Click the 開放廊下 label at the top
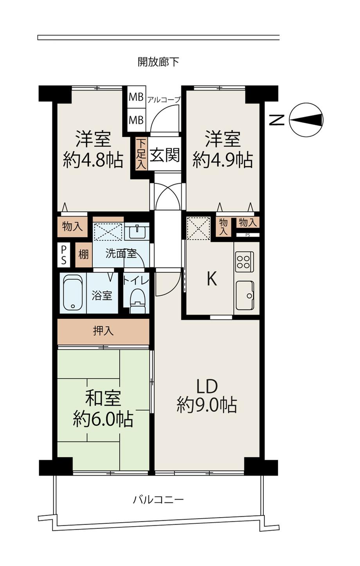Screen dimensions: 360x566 click(x=158, y=62)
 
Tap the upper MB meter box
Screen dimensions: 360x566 click(x=136, y=97)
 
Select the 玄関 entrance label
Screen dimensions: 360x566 click(x=165, y=155)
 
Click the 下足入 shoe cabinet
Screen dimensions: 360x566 click(x=141, y=154)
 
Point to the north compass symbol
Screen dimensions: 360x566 click(x=306, y=120)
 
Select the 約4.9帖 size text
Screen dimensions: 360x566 click(x=223, y=160)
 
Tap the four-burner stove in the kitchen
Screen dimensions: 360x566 click(x=245, y=262)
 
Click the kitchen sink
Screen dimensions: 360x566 click(x=245, y=296)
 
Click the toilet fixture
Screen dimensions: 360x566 click(x=138, y=300)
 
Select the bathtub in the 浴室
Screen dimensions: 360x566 click(x=73, y=293)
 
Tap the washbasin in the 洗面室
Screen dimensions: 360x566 click(x=137, y=231)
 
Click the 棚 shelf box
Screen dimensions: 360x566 click(x=84, y=255)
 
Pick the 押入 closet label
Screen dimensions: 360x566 click(x=103, y=331)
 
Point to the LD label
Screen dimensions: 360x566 click(x=207, y=386)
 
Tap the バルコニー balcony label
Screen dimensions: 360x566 click(x=158, y=500)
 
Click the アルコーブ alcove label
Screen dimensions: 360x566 click(x=164, y=100)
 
